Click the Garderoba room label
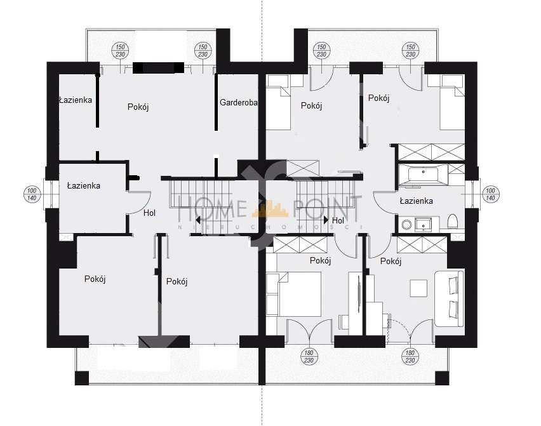tap(238, 102)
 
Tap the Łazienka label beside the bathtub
tap(417, 201)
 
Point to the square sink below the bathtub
tap(424, 223)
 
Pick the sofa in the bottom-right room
tap(450, 299)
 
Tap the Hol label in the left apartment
tap(149, 213)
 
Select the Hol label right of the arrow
tap(338, 220)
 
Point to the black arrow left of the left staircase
tap(198, 220)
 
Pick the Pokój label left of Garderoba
tap(138, 107)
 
